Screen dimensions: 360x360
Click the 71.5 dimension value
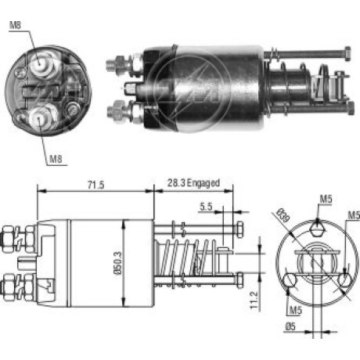pos(95,185)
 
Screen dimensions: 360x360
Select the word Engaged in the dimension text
pos(203,183)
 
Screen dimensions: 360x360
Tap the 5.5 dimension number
pos(206,207)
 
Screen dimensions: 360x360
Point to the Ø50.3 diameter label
pos(118,263)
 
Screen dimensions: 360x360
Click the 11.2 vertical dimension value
pos(254,301)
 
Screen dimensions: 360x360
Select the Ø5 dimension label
pos(290,326)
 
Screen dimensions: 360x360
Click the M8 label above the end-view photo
pos(15,25)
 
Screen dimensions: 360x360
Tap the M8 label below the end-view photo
pos(56,158)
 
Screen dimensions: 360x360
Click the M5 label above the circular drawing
pos(326,199)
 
